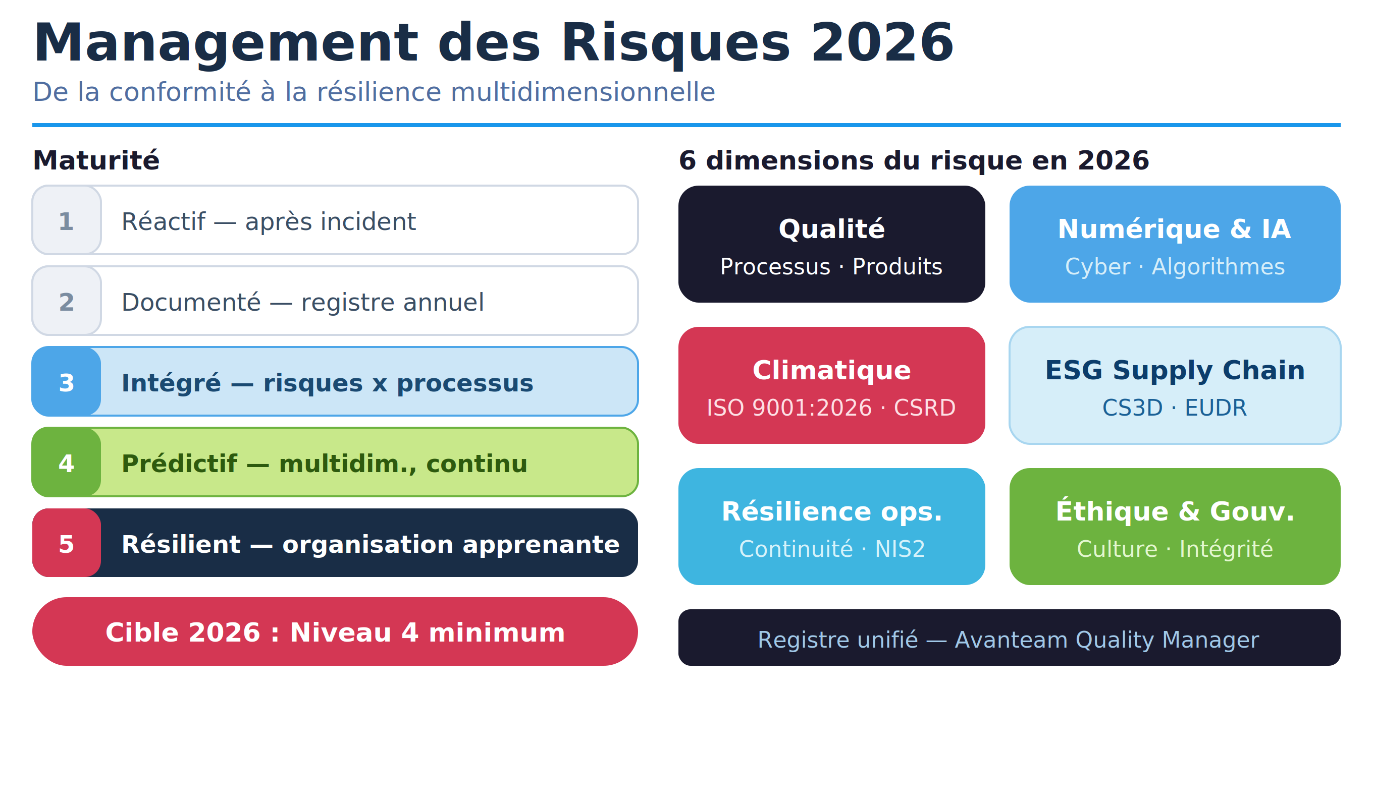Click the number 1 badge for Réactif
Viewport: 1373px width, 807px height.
pyautogui.click(x=67, y=220)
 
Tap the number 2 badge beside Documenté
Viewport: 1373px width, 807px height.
pyautogui.click(x=67, y=301)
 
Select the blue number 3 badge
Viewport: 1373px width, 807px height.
pyautogui.click(x=67, y=381)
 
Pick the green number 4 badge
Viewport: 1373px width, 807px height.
pyautogui.click(x=67, y=462)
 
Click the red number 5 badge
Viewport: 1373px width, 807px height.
pyautogui.click(x=67, y=542)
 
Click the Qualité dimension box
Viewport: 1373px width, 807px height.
pyautogui.click(x=831, y=244)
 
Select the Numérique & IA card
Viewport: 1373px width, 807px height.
pyautogui.click(x=1175, y=244)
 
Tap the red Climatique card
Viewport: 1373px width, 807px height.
pyautogui.click(x=831, y=385)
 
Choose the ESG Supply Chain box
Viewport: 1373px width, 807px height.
pyautogui.click(x=1175, y=385)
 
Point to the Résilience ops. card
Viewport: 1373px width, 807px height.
pyautogui.click(x=831, y=526)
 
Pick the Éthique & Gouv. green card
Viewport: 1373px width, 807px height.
pyautogui.click(x=1175, y=526)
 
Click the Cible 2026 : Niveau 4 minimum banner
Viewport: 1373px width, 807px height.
pyautogui.click(x=335, y=631)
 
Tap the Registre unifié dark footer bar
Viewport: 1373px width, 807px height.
pyautogui.click(x=1009, y=637)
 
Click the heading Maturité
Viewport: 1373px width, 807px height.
pyautogui.click(x=96, y=160)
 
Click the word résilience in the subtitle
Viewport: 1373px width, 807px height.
pyautogui.click(x=379, y=91)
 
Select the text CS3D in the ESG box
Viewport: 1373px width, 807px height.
pyautogui.click(x=1132, y=408)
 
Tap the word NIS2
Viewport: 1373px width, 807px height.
pyautogui.click(x=900, y=549)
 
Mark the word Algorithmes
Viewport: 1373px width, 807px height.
pyautogui.click(x=1218, y=267)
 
